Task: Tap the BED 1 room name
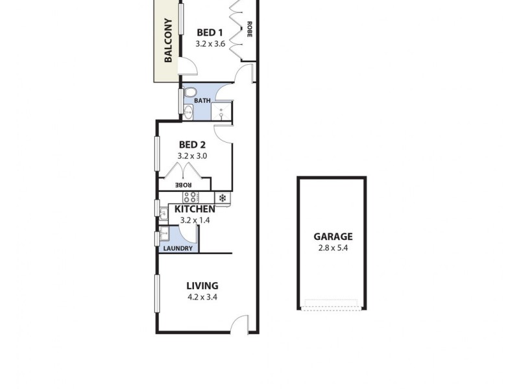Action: [210, 32]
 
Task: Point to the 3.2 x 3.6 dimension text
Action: [210, 44]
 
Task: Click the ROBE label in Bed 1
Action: [248, 30]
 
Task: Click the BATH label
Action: [202, 100]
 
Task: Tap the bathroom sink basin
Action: [188, 113]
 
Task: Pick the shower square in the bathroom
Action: [222, 112]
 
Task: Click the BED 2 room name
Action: [193, 145]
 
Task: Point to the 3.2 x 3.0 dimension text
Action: [193, 156]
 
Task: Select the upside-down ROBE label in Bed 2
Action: [183, 185]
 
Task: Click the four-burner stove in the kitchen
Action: [191, 197]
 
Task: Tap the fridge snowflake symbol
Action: [223, 198]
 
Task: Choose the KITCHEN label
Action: [195, 209]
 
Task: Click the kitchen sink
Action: [163, 212]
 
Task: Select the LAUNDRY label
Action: [178, 248]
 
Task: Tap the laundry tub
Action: [164, 234]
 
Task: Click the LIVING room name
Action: [202, 285]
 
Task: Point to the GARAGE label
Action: [333, 237]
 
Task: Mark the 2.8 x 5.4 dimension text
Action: [333, 248]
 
